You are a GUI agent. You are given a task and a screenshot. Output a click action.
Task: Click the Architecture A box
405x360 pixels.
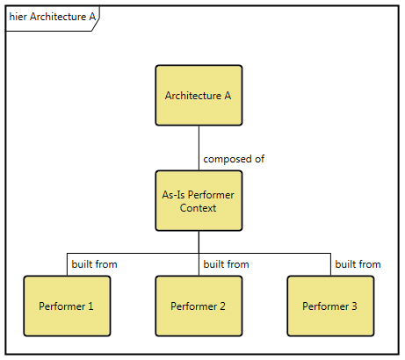tap(199, 96)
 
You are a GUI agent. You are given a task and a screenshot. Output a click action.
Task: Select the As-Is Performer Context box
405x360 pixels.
tap(199, 201)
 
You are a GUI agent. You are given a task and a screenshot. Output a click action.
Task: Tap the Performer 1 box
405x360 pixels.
tap(67, 306)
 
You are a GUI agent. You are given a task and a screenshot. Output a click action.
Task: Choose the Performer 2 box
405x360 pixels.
tap(199, 306)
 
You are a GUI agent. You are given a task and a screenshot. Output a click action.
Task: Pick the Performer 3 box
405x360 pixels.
tap(330, 306)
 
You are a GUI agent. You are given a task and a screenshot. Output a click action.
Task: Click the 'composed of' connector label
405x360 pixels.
tap(234, 159)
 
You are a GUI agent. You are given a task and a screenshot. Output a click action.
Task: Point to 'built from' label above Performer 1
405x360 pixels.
tap(94, 263)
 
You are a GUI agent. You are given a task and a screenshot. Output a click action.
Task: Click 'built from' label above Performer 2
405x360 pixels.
tap(226, 263)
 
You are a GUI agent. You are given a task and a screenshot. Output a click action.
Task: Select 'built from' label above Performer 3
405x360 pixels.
tap(358, 263)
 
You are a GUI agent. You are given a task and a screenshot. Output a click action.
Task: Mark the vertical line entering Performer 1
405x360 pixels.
tap(67, 265)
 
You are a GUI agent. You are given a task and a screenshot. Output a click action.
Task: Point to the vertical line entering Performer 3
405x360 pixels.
tap(330, 265)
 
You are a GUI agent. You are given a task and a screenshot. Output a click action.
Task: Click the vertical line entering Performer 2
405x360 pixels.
tap(199, 265)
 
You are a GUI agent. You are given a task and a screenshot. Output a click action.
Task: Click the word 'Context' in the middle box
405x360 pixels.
tap(199, 208)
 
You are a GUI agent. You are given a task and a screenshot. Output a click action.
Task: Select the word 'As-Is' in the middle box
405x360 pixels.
tap(176, 194)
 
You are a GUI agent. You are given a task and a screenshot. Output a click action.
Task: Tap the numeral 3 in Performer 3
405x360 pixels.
tap(354, 306)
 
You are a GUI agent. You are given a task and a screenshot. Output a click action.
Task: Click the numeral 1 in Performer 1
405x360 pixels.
tap(90, 306)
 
